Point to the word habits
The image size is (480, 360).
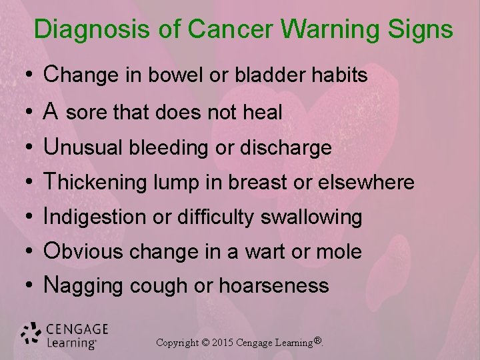[341, 76]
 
